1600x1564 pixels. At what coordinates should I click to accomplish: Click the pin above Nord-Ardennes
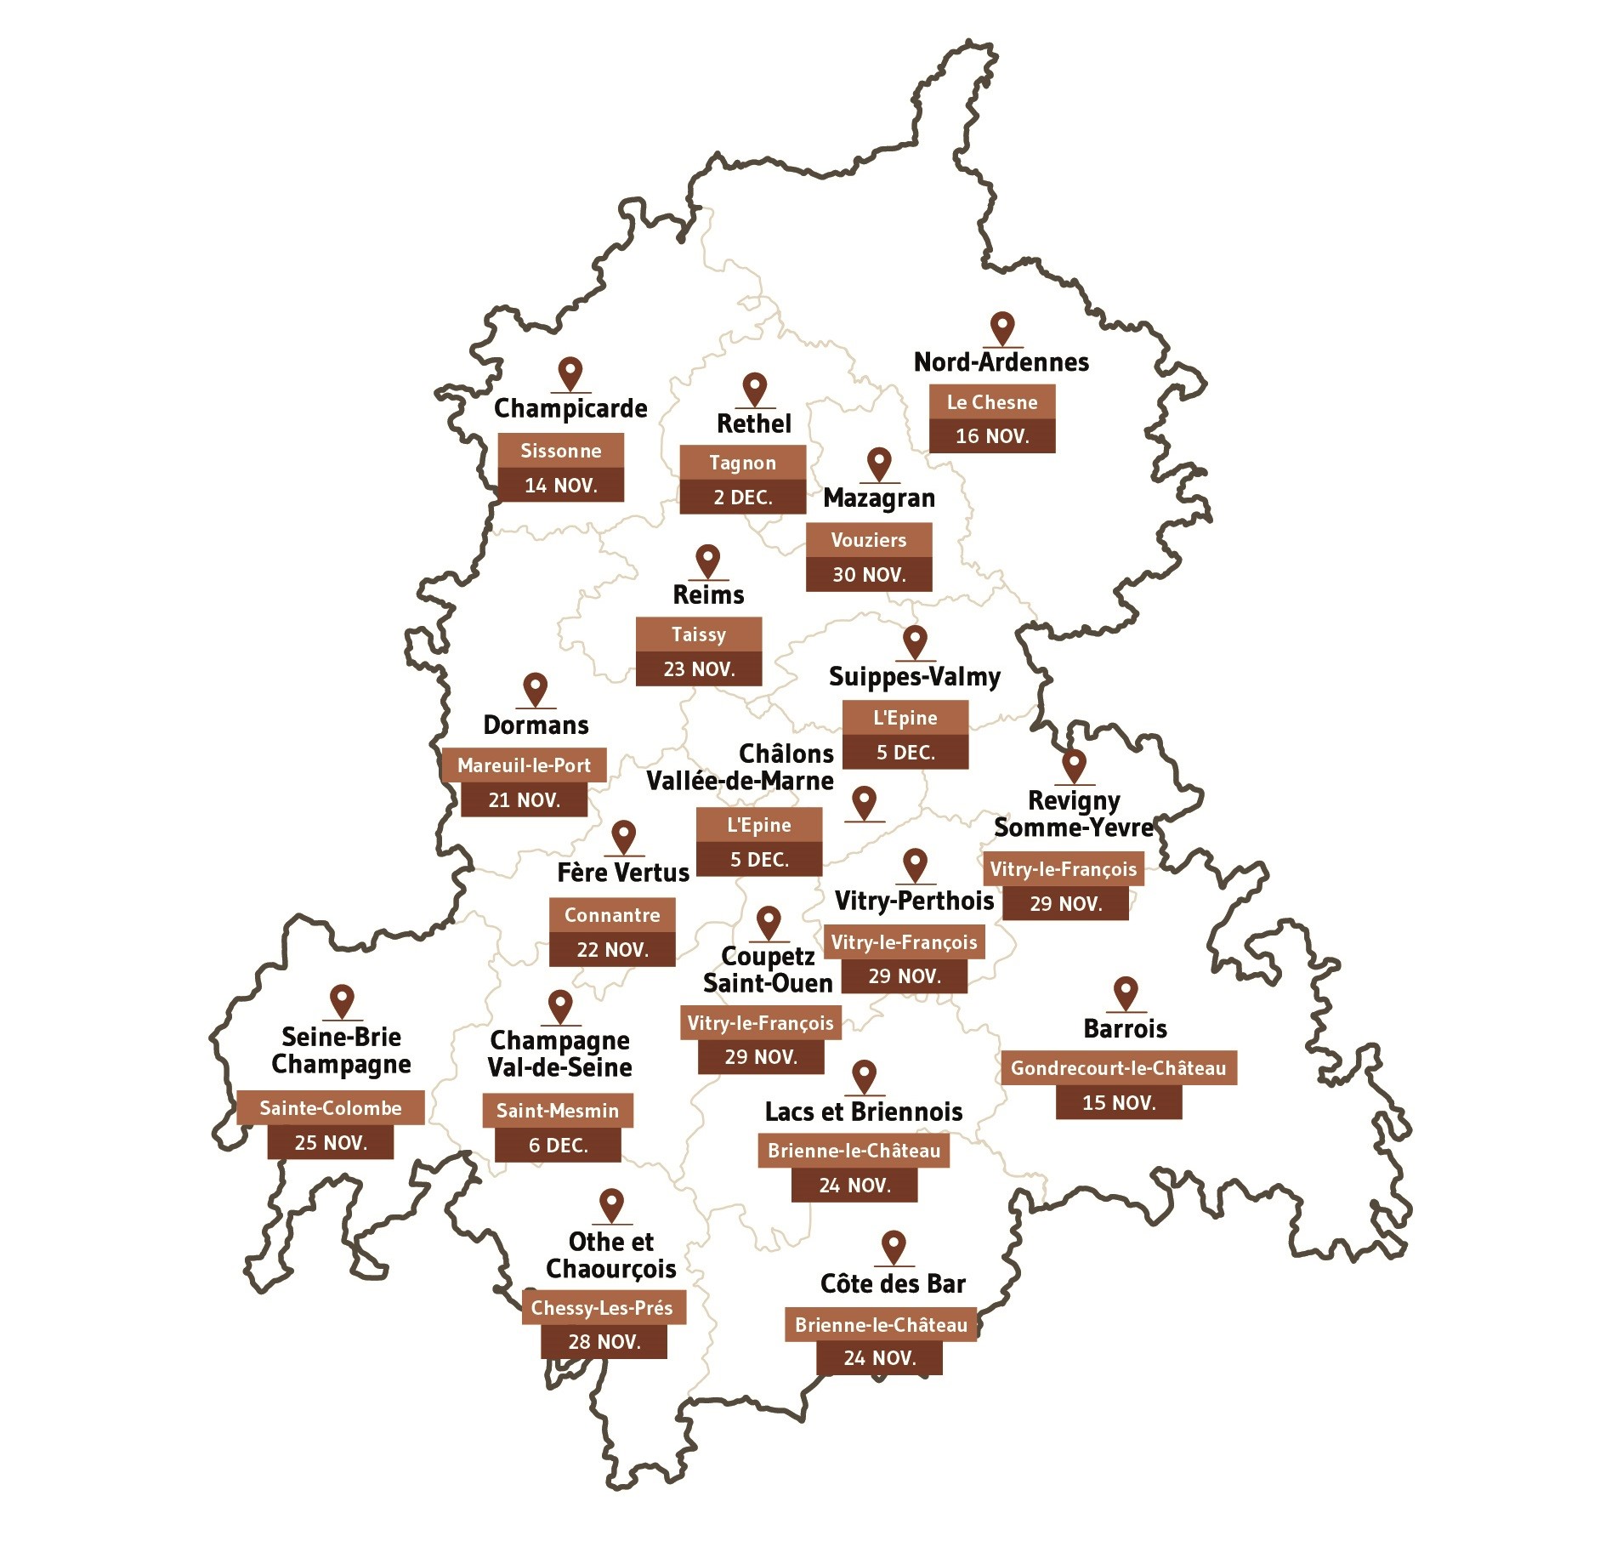pos(1003,327)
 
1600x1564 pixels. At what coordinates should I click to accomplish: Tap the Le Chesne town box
pos(991,402)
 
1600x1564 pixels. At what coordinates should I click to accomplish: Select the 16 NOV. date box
pos(991,436)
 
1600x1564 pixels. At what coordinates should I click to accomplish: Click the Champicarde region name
pos(570,409)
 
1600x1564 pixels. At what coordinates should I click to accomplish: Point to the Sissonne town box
pos(560,451)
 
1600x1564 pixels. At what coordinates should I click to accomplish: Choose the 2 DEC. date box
pos(742,498)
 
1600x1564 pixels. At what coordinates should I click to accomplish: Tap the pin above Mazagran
pos(878,464)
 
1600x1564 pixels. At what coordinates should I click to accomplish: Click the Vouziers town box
pos(868,540)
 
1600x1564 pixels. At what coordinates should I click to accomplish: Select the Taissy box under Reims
pos(698,634)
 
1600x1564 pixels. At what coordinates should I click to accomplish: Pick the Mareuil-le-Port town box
pos(524,765)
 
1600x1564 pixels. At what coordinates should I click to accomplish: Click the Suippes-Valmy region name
pos(914,677)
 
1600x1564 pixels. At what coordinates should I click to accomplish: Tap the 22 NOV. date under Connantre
pos(612,950)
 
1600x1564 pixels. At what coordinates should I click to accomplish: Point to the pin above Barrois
pos(1125,992)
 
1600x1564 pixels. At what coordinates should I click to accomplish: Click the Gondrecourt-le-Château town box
pos(1118,1068)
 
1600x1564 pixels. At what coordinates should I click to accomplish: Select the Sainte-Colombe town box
pos(330,1108)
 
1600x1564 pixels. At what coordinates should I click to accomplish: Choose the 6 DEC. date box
pos(558,1146)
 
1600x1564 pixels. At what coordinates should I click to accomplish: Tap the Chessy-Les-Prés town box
pos(603,1308)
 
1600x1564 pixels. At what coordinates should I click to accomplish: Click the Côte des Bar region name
pos(893,1284)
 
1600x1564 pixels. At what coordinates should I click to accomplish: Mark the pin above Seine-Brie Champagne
pos(342,1001)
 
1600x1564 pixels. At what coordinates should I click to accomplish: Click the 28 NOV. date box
pos(604,1342)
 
